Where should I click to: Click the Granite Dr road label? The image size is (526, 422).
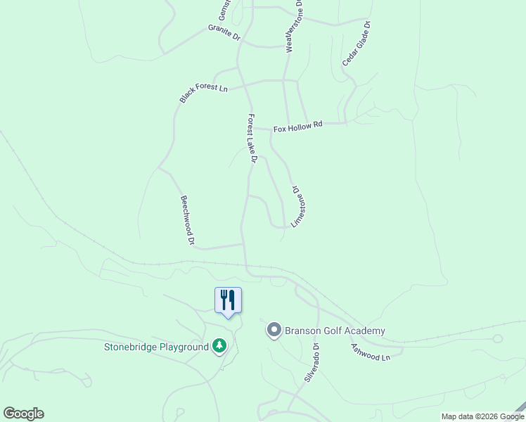(x=224, y=32)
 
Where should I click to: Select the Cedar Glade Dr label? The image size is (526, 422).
(x=357, y=44)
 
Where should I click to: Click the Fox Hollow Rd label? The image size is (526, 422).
(x=297, y=127)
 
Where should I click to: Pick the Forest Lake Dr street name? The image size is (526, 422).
(x=252, y=139)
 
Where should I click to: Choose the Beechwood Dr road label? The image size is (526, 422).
(x=187, y=220)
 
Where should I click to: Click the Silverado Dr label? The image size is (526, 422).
(x=312, y=362)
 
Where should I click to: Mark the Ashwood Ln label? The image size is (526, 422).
(x=370, y=352)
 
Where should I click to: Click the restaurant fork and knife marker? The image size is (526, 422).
(x=228, y=300)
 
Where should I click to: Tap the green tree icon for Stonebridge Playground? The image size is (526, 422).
(x=220, y=346)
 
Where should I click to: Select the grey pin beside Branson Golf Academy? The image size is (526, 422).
(x=274, y=330)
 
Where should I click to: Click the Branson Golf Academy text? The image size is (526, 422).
(x=335, y=331)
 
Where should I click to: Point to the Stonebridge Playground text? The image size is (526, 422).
(x=156, y=347)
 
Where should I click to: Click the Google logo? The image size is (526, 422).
(x=23, y=414)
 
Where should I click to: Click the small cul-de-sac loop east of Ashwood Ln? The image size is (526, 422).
(x=498, y=338)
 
